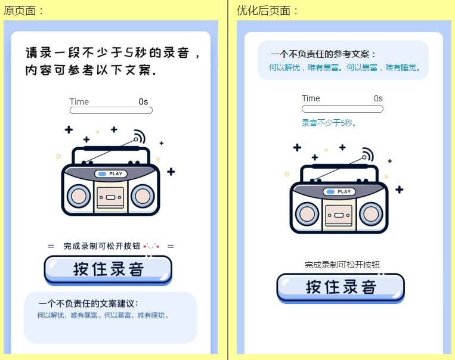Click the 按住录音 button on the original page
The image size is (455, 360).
click(x=108, y=269)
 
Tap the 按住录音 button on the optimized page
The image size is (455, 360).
click(x=341, y=288)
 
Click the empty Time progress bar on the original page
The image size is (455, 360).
click(x=111, y=110)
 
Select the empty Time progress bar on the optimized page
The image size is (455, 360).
click(x=342, y=109)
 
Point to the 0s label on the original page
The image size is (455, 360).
click(x=143, y=101)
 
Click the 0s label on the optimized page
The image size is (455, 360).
click(x=378, y=98)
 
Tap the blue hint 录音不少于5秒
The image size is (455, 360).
click(x=329, y=123)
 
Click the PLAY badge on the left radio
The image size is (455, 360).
click(x=111, y=174)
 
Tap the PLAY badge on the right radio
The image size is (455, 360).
click(x=339, y=192)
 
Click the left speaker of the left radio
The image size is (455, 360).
click(x=79, y=196)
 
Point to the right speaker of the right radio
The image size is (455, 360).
click(x=371, y=214)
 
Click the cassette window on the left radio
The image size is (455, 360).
click(x=110, y=197)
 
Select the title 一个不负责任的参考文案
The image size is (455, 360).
click(x=323, y=54)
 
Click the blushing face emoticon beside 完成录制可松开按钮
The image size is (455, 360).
click(x=151, y=246)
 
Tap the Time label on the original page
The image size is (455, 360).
click(x=79, y=102)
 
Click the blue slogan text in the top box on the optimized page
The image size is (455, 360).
click(x=345, y=67)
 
